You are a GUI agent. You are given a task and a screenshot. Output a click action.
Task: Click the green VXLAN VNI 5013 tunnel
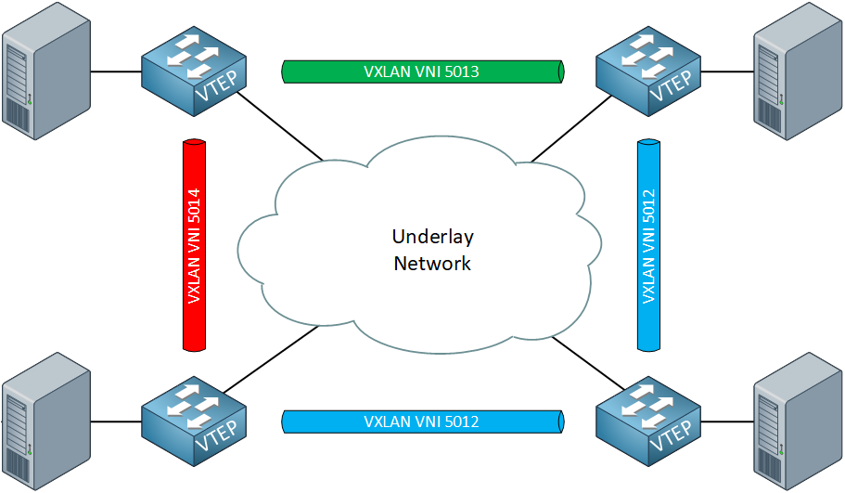pos(422,71)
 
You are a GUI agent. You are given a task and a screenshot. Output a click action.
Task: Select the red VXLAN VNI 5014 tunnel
pos(193,245)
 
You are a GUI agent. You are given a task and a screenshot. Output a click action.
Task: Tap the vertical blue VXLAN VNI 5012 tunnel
pos(648,245)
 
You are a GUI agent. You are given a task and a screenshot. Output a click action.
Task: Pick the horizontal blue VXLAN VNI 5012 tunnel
pos(422,422)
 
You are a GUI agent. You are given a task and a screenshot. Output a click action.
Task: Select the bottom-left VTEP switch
pos(194,421)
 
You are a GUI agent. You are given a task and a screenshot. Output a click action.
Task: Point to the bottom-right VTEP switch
pos(647,421)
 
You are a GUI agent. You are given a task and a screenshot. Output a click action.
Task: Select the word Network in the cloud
pos(432,264)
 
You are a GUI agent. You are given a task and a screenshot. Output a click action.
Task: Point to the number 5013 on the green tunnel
pos(461,71)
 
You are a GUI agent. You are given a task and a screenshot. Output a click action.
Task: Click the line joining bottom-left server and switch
pos(116,422)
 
